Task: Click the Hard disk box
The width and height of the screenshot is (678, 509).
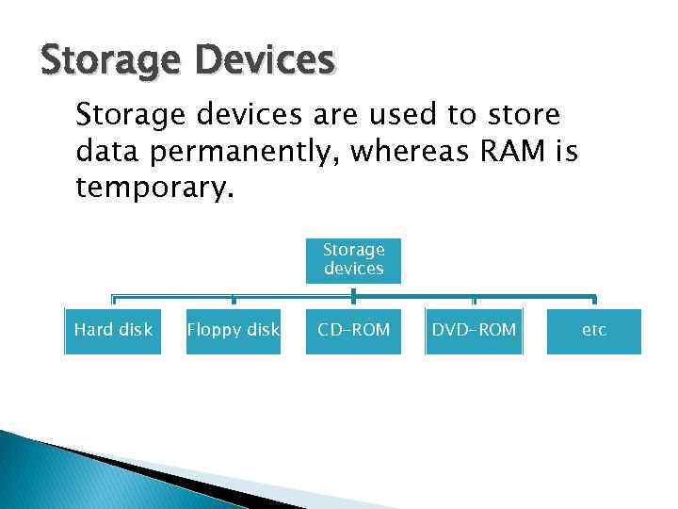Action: click(113, 331)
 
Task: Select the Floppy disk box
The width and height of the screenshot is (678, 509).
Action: click(234, 331)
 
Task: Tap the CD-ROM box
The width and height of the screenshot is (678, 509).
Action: click(353, 331)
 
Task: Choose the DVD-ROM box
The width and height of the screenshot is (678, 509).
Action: click(474, 331)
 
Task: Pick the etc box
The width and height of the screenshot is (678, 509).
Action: click(593, 331)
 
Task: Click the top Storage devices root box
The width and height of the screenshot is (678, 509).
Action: click(353, 259)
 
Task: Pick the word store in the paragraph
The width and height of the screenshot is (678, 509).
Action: click(523, 115)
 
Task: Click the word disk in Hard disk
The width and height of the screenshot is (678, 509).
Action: click(135, 331)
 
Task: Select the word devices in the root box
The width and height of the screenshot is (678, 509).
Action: click(353, 269)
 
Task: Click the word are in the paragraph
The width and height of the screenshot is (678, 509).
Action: click(333, 115)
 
